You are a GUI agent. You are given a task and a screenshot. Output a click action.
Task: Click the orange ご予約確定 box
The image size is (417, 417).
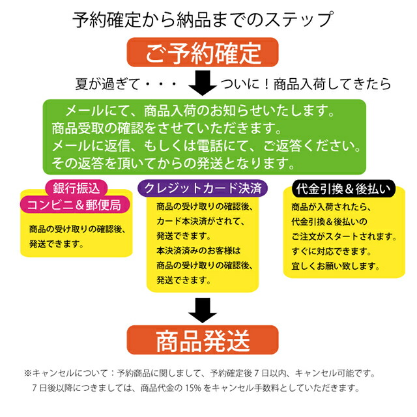tap(203, 52)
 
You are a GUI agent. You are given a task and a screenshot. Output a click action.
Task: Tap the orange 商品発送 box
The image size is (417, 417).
tap(203, 340)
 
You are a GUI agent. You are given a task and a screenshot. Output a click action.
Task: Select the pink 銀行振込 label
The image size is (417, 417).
tap(76, 188)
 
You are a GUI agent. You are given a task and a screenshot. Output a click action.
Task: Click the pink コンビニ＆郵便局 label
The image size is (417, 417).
tap(75, 205)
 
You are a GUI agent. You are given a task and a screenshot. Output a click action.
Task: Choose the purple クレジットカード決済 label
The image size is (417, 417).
tap(203, 188)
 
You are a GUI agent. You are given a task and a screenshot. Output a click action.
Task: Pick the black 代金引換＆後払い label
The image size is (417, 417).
tap(343, 189)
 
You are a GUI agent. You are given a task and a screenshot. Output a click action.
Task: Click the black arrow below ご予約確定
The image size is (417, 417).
tap(203, 83)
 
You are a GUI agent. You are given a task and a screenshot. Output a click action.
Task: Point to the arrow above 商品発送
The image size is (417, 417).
tap(203, 310)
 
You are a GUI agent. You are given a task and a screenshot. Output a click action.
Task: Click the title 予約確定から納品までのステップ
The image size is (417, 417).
tap(203, 20)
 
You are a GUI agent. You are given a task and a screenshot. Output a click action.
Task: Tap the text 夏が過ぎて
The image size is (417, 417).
tap(108, 84)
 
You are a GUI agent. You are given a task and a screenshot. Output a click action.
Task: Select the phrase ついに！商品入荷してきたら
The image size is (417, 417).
tap(306, 84)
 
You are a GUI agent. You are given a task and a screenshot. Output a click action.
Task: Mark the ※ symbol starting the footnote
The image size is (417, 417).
tap(27, 373)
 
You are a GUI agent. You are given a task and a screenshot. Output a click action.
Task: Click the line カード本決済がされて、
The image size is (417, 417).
tap(200, 221)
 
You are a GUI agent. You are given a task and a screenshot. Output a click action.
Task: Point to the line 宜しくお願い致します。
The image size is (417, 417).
tap(336, 266)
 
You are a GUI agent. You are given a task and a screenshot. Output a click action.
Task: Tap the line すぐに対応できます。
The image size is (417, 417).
tap(331, 251)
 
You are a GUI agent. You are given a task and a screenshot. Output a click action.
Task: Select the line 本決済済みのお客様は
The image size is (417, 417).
tap(198, 250)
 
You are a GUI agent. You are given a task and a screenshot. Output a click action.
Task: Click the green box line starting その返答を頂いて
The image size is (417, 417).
tap(173, 164)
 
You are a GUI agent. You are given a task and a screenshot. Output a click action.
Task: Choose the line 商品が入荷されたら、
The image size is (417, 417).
tap(331, 207)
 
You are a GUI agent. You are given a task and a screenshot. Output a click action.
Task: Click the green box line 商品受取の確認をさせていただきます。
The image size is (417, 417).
tap(167, 128)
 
